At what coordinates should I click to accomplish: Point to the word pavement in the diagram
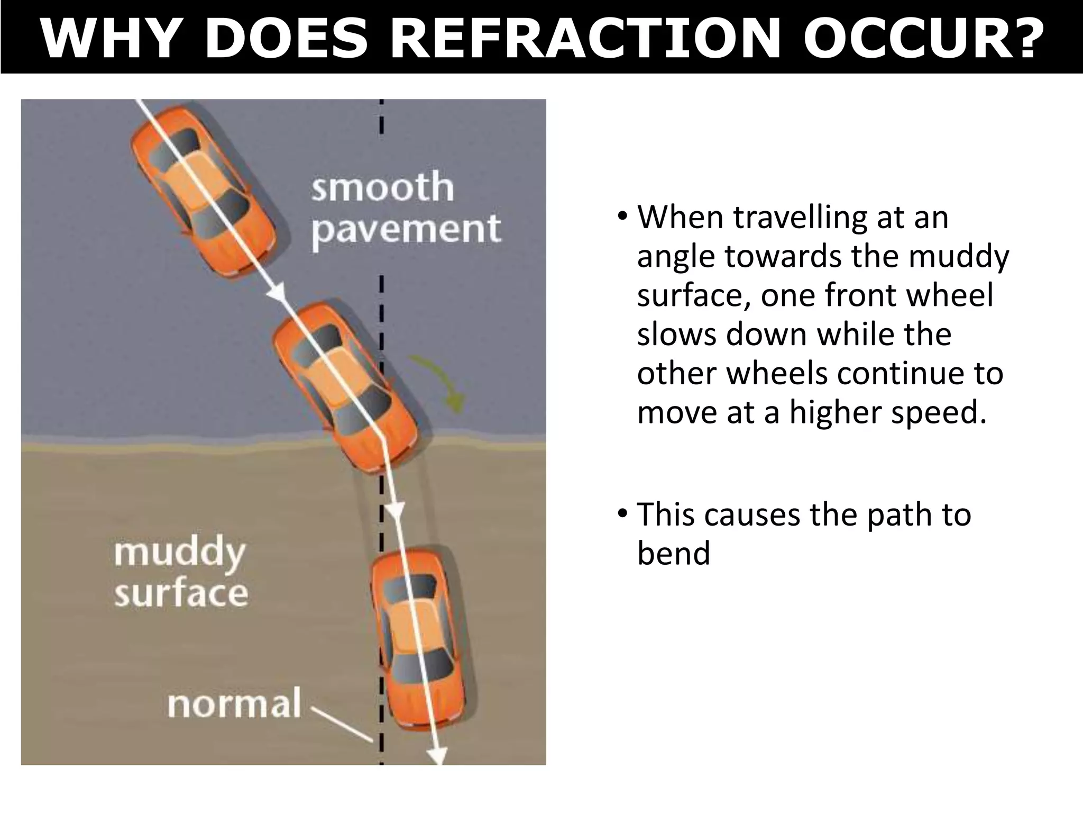[406, 229]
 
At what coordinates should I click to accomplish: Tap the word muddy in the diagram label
[180, 553]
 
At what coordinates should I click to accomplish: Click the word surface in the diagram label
[181, 593]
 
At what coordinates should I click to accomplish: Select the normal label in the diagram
[234, 704]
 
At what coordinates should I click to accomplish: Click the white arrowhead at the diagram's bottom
[438, 755]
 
